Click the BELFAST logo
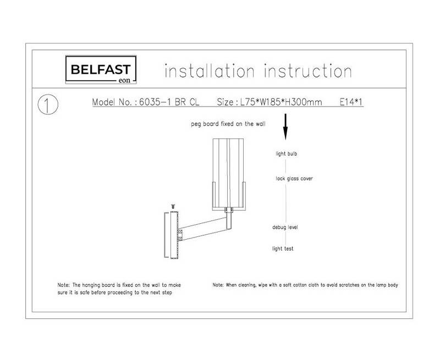tap(101, 70)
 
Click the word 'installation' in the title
tap(210, 71)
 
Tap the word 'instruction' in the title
tap(308, 71)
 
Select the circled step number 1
tap(48, 104)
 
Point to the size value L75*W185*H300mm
tap(281, 102)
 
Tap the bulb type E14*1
tap(351, 102)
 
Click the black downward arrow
tap(285, 126)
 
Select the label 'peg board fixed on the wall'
tap(228, 124)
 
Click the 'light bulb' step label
tap(286, 154)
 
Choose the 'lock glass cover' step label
tap(294, 178)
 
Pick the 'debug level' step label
tap(285, 227)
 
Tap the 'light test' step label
tap(283, 248)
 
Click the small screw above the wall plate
tap(173, 206)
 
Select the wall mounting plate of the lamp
tap(172, 235)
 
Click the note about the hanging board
tap(119, 289)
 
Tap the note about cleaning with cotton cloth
tap(305, 285)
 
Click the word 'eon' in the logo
tap(124, 80)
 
